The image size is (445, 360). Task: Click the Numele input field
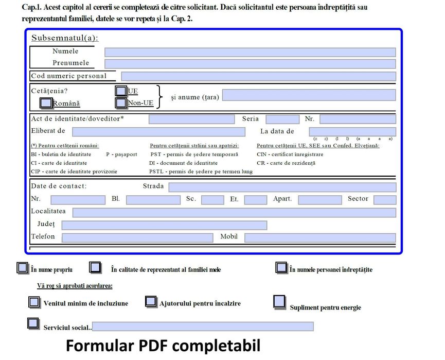(x=250, y=52)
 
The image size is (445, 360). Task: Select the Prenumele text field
(x=250, y=64)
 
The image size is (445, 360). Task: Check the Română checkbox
(x=46, y=103)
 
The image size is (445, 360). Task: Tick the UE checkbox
(x=121, y=91)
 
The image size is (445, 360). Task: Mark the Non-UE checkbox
(x=121, y=103)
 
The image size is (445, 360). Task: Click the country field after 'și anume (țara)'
(x=309, y=95)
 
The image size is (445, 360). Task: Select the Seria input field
(x=282, y=119)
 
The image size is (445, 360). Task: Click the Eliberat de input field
(x=158, y=132)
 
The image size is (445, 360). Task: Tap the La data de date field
(x=352, y=132)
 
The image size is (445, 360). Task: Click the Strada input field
(x=282, y=187)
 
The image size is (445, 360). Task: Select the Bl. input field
(x=153, y=200)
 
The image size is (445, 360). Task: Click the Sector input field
(x=385, y=200)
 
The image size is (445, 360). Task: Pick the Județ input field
(x=164, y=225)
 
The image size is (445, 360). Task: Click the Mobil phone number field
(x=320, y=237)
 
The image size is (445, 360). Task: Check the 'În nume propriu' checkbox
(x=22, y=268)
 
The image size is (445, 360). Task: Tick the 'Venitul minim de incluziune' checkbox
(x=34, y=302)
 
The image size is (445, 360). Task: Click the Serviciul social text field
(x=203, y=327)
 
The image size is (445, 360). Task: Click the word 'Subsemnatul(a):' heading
(x=65, y=38)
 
